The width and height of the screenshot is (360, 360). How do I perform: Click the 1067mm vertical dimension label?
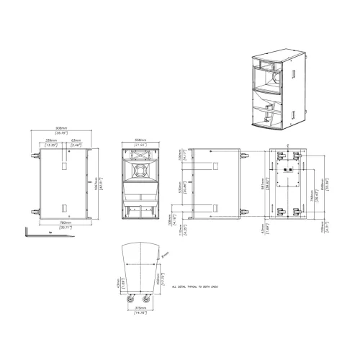[x=99, y=184]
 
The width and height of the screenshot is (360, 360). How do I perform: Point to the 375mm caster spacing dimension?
[x=141, y=310]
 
